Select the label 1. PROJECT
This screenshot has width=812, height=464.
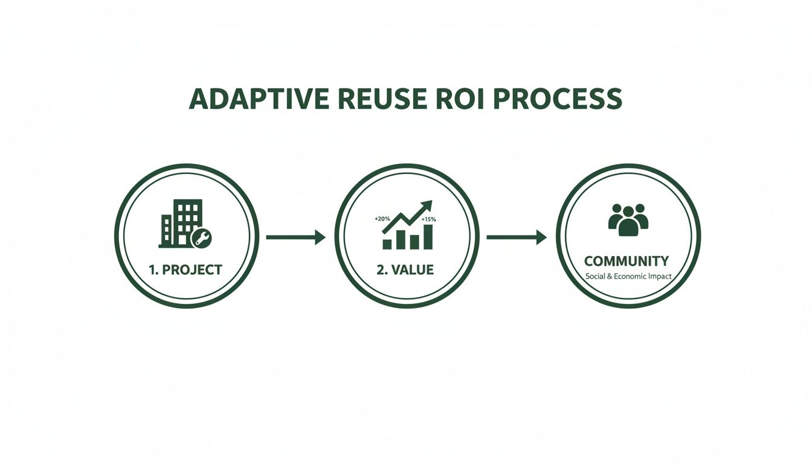(185, 269)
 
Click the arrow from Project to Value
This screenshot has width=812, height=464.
(295, 237)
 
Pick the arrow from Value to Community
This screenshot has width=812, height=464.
(516, 237)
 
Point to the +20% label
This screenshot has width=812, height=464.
(382, 218)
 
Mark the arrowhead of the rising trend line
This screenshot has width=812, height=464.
(427, 205)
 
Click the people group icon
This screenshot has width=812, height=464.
(628, 219)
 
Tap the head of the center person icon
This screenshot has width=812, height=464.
(628, 212)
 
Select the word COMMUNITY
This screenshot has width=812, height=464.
(627, 261)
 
